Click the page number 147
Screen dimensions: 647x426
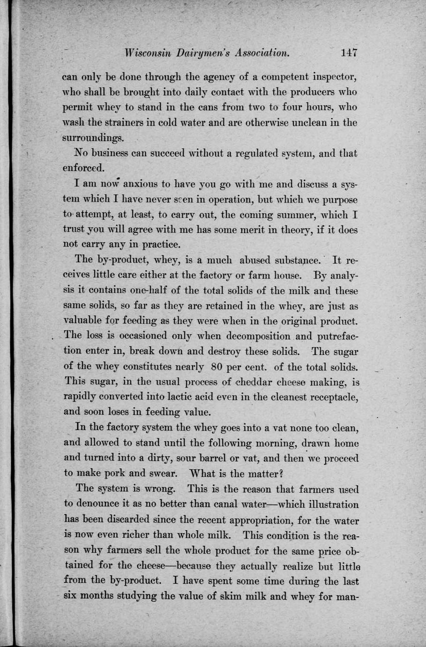(x=350, y=53)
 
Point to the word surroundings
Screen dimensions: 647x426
(x=93, y=138)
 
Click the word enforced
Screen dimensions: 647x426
(x=83, y=168)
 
